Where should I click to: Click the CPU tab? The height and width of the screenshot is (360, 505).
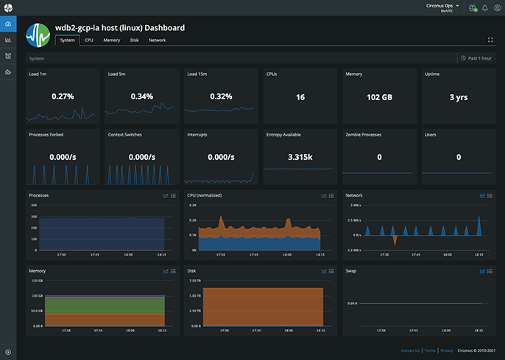pos(88,40)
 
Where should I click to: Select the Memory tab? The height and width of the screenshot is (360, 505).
pos(112,40)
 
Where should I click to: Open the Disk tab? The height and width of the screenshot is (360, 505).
pos(134,40)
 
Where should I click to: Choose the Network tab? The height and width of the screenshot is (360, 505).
pos(158,40)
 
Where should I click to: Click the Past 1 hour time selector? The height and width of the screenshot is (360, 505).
pos(476,57)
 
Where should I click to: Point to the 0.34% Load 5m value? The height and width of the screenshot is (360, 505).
pos(141,96)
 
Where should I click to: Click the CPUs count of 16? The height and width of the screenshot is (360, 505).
pos(300,96)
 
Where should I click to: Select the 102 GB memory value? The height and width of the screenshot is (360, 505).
pos(379,96)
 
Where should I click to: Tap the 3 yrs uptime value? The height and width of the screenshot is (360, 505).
pos(459,96)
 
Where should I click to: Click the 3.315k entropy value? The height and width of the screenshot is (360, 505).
pos(300,157)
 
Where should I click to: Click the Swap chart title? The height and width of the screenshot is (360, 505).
pos(351,271)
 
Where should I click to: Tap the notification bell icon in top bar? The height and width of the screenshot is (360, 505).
pos(485,8)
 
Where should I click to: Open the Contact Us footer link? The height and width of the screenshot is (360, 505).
pos(410,350)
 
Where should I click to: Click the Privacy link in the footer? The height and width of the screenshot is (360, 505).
pos(447,350)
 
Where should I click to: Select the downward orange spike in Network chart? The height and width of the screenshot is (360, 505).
pos(395,241)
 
